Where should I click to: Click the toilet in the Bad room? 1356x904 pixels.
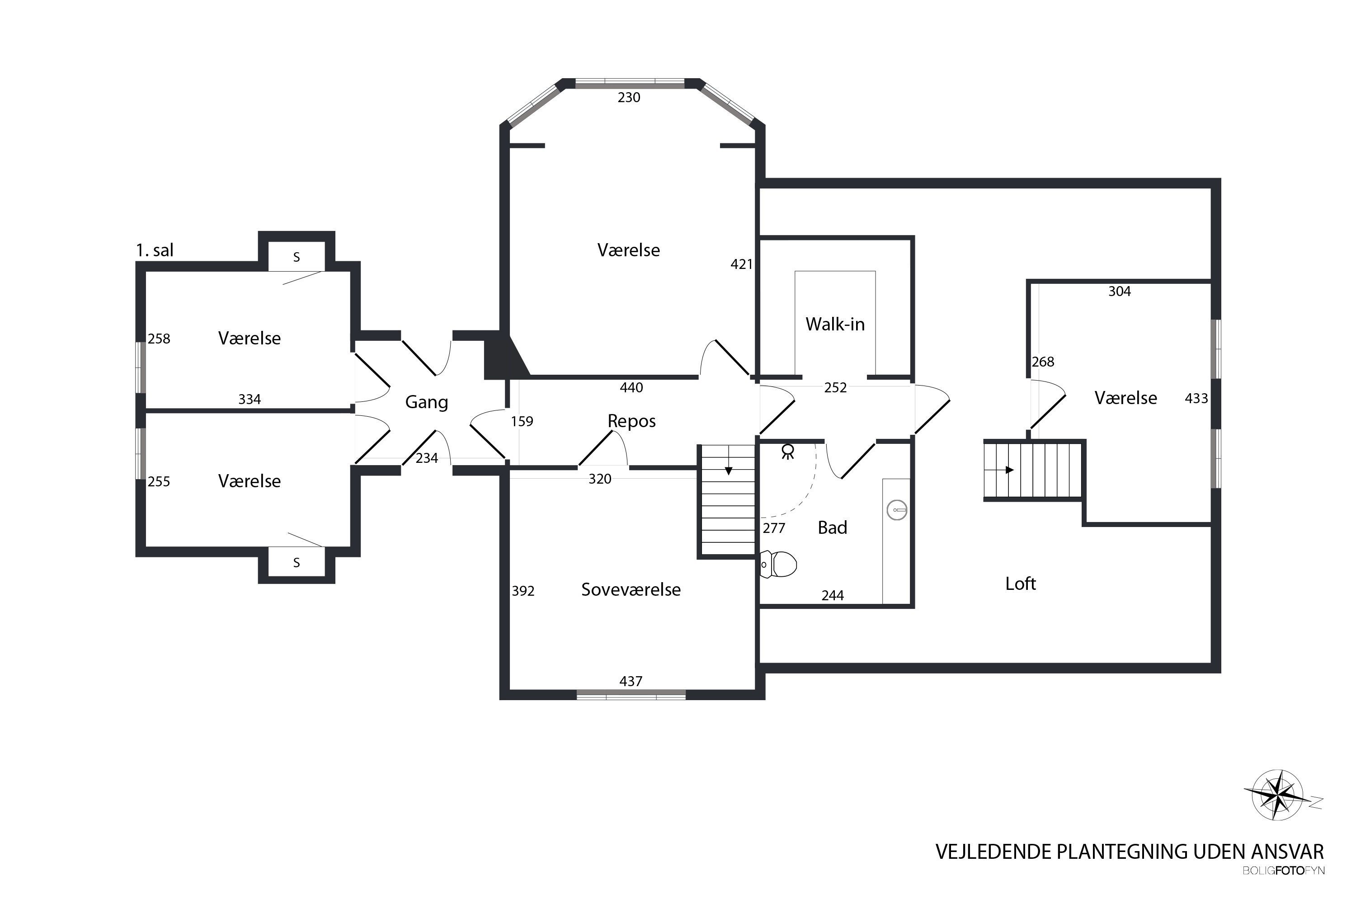(778, 565)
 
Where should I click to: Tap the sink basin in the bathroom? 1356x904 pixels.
(897, 510)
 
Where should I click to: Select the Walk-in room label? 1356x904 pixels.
(835, 325)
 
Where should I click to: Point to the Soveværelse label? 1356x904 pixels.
(631, 590)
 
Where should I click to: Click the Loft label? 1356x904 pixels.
(1021, 584)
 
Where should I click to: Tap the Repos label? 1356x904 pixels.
(631, 421)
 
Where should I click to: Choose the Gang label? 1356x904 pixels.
(427, 402)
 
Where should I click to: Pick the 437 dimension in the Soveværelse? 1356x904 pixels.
(631, 681)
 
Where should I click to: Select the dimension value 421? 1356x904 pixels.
(741, 264)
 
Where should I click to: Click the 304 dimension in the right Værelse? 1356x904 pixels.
(1120, 291)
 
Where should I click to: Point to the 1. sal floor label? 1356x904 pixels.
(155, 250)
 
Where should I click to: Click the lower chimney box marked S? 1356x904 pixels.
(297, 562)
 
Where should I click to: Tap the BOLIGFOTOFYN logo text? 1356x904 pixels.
(1283, 871)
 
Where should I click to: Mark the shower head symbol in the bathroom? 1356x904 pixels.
(787, 452)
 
